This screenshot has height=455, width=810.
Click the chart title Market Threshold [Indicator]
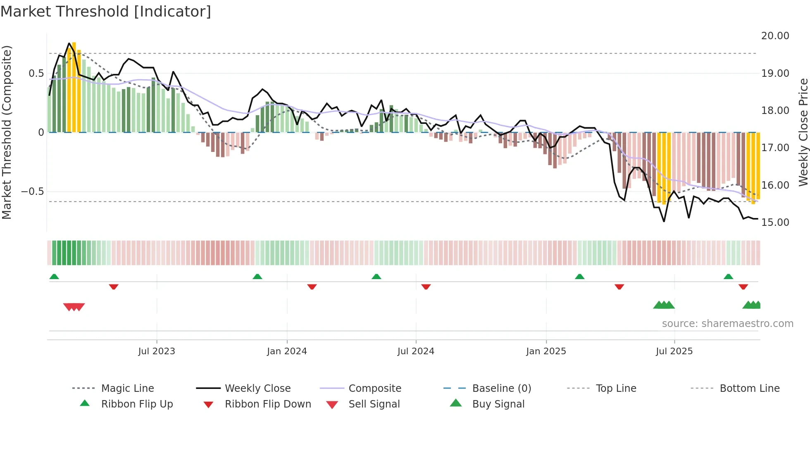[x=106, y=12]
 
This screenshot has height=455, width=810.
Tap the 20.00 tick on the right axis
[x=775, y=36]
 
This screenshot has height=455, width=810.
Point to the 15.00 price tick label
[x=775, y=223]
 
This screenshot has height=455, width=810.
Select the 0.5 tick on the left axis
[x=36, y=73]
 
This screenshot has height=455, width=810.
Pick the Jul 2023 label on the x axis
[x=157, y=351]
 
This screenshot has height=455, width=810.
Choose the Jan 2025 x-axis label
[x=546, y=351]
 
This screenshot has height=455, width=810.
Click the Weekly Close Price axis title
[x=803, y=132]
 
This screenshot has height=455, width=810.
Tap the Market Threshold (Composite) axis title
[x=7, y=132]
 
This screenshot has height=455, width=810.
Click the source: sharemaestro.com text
[x=727, y=324]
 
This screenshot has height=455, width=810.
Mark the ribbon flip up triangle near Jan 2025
[x=579, y=277]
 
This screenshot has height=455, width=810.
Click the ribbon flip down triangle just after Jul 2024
[x=426, y=287]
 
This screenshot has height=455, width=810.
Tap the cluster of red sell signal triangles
[x=74, y=307]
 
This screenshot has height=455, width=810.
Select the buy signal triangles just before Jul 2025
[x=664, y=305]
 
